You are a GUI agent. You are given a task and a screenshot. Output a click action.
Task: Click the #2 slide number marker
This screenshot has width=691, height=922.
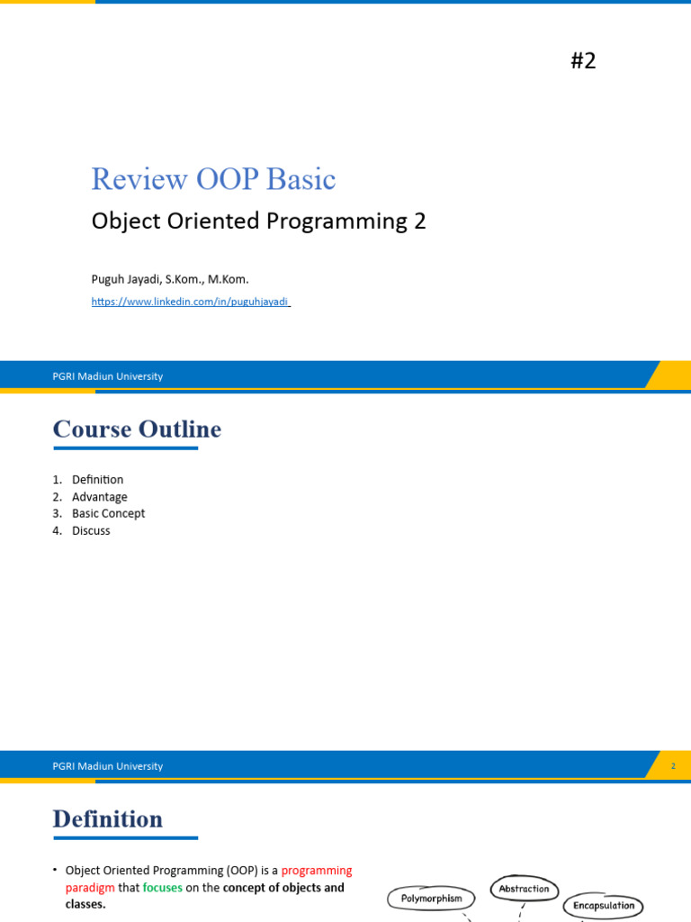point(583,61)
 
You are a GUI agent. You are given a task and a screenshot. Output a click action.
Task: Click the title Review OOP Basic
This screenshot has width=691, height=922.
point(213,179)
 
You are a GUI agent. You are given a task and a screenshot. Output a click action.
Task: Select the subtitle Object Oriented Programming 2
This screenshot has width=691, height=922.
point(258,221)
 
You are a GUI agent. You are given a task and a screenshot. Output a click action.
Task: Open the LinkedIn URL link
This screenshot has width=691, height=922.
point(190,302)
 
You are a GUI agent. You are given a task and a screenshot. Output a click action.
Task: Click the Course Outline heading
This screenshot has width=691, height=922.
point(137,429)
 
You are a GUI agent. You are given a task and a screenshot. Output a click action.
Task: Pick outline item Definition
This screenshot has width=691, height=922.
point(97,480)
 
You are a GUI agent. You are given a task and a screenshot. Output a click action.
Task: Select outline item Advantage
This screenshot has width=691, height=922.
point(99,497)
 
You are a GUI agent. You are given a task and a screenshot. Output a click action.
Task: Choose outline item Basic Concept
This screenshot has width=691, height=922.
point(108,513)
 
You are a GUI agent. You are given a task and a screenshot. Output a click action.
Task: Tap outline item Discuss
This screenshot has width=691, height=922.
point(91,530)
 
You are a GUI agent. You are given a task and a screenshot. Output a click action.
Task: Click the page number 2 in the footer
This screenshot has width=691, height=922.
point(672,766)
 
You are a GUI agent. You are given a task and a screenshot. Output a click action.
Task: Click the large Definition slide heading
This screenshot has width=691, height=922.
point(108,819)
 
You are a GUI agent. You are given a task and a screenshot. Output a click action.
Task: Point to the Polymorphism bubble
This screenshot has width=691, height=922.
point(431,898)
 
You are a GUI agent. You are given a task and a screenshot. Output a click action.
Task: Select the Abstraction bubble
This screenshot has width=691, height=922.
point(524,889)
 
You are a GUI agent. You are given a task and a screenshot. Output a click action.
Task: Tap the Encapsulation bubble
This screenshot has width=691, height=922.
point(604,906)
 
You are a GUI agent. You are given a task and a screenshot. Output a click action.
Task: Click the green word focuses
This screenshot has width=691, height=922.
point(162,888)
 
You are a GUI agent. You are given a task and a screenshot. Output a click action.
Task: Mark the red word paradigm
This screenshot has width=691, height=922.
point(90,888)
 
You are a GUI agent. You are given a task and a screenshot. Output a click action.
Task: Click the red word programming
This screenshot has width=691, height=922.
point(316,871)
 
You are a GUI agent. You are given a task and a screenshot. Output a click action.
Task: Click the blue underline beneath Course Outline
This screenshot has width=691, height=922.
point(125,447)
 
